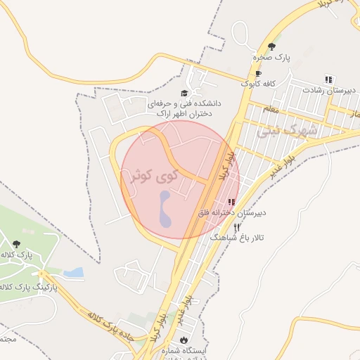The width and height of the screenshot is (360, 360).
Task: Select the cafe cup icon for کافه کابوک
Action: point(259,73)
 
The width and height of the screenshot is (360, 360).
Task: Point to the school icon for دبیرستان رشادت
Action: point(328,79)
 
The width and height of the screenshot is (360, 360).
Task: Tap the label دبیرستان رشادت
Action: point(330,90)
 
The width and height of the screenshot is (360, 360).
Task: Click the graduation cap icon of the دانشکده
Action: point(185,93)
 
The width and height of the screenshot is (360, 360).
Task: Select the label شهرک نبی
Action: point(287,131)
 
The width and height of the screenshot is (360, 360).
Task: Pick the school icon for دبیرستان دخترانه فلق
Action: point(231,202)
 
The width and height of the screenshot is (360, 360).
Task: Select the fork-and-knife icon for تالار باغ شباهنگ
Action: point(236,227)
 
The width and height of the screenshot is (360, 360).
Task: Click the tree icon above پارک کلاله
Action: point(16,244)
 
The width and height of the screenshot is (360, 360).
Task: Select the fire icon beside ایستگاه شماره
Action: point(184,340)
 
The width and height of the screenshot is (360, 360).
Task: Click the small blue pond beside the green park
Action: point(73,272)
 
